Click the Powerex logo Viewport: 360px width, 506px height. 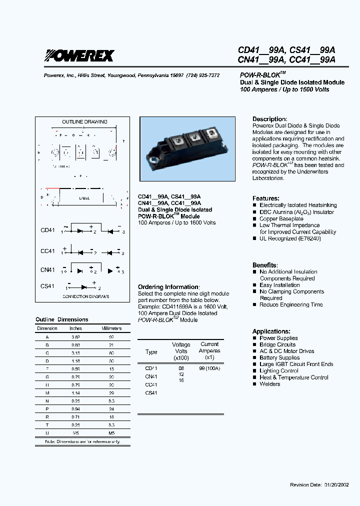point(79,55)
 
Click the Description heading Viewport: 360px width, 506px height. point(269,119)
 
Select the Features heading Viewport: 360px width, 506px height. point(265,198)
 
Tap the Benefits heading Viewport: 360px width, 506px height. point(264,265)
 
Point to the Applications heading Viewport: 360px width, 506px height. point(271,331)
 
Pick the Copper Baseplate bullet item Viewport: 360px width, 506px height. point(281,218)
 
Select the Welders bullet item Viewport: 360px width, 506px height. point(269,384)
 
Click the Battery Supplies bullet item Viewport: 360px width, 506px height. point(279,357)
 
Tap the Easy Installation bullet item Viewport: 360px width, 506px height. point(279,285)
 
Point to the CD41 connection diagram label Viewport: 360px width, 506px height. point(47,230)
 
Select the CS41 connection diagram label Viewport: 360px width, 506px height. point(47,286)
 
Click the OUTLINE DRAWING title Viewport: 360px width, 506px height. point(84,121)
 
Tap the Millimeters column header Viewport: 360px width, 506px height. point(111,328)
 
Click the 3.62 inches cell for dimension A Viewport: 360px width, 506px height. point(75,337)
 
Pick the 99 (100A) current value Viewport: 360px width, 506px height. point(209,368)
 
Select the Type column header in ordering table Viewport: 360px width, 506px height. point(151,352)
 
